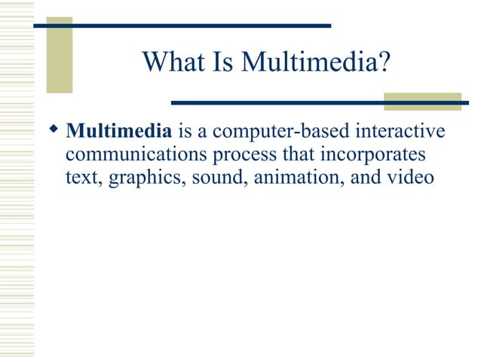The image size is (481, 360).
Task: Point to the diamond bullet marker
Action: pos(54,132)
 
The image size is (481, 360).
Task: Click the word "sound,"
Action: pos(210,179)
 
